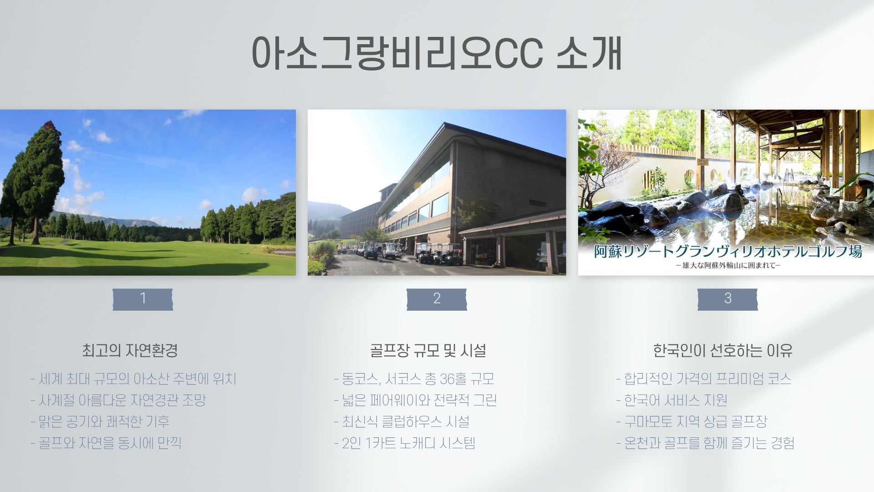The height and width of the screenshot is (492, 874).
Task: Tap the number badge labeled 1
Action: [x=143, y=299]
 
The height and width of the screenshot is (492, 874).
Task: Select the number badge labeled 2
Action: [x=437, y=299]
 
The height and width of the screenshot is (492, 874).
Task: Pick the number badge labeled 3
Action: [x=727, y=299]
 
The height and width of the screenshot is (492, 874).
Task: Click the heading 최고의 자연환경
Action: [x=130, y=350]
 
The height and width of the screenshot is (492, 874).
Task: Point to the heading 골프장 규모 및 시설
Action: [x=428, y=350]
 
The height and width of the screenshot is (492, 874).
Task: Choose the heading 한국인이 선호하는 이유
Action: [x=722, y=350]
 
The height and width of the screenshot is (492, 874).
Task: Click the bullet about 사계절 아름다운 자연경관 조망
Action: [x=118, y=400]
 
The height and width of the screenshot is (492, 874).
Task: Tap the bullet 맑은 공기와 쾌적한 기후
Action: [x=100, y=421]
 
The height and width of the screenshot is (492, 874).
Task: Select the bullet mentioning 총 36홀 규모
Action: [x=414, y=379]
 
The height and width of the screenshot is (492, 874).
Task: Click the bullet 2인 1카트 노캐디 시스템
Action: [x=405, y=443]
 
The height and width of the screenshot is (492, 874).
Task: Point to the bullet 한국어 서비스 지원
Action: [x=671, y=400]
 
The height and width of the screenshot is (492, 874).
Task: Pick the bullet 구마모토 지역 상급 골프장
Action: [x=691, y=421]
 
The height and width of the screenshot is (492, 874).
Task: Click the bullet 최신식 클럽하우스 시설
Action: [x=401, y=421]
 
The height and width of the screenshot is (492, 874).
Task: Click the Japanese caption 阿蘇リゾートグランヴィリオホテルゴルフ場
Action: [x=728, y=251]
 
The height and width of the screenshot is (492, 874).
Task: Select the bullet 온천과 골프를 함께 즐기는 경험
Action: [x=705, y=443]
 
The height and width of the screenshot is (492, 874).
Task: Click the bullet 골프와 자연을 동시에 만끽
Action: [x=106, y=443]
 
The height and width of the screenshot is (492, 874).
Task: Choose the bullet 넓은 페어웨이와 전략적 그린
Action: [x=415, y=400]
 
